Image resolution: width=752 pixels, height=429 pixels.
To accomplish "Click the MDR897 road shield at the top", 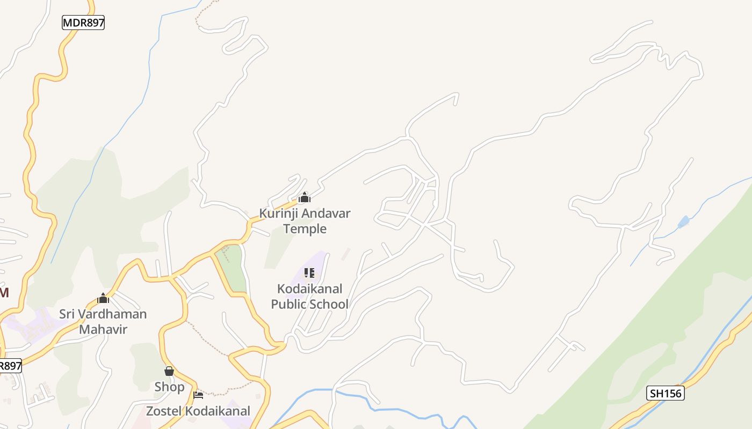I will click(83, 23).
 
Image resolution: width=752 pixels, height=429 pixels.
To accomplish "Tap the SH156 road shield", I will click(665, 393).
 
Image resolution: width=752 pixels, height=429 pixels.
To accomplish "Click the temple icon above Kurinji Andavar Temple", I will click(305, 198).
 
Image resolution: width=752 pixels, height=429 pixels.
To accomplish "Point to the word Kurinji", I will click(279, 213).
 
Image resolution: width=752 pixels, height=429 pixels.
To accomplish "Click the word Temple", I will click(305, 229).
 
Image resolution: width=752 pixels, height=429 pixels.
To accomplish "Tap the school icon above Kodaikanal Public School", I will click(309, 273).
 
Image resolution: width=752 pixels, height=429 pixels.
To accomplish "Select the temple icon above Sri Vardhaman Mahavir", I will click(103, 299).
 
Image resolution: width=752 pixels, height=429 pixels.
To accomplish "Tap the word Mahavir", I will click(103, 329).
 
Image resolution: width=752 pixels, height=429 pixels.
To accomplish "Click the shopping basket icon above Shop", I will click(169, 371).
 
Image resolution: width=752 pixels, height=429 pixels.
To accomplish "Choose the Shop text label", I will click(169, 387).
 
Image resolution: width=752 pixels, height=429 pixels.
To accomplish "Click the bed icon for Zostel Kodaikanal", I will click(198, 395).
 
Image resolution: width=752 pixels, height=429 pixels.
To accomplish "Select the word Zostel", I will click(164, 411).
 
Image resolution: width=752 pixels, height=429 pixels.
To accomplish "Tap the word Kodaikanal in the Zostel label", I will click(218, 411).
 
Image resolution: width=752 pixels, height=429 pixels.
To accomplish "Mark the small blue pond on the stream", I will click(683, 221).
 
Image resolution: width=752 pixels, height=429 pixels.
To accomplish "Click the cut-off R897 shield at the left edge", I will click(10, 366).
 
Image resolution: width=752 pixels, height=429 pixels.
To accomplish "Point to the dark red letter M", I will click(4, 293).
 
